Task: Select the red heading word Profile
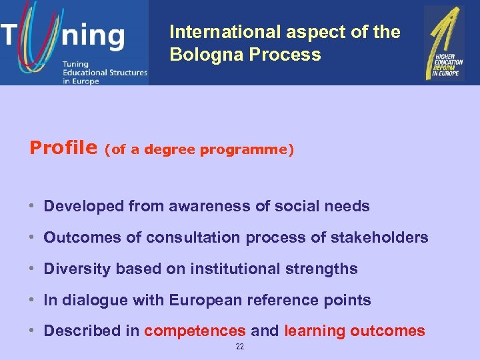pyautogui.click(x=63, y=147)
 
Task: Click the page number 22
pyautogui.click(x=240, y=347)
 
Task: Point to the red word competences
pyautogui.click(x=195, y=331)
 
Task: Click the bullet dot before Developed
pyautogui.click(x=32, y=207)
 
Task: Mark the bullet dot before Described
pyautogui.click(x=32, y=331)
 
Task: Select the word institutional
pyautogui.click(x=237, y=269)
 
